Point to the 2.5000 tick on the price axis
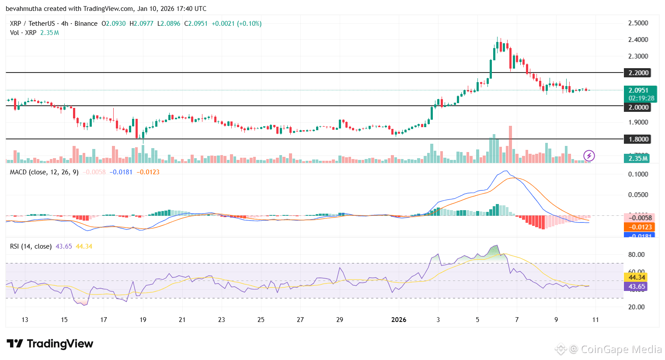tap(638, 23)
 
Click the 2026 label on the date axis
tap(399, 320)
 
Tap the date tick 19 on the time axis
tap(143, 320)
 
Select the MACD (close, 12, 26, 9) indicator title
tap(44, 172)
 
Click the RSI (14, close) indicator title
tap(31, 246)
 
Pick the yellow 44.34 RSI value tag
tap(637, 277)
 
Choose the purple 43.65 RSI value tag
tap(637, 287)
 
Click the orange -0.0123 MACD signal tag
tap(639, 227)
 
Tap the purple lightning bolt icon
tap(589, 155)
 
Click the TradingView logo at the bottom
tap(50, 344)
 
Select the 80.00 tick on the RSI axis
tap(637, 255)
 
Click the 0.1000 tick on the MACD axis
tap(638, 174)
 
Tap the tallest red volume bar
tap(510, 144)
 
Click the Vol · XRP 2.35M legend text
tap(35, 33)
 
